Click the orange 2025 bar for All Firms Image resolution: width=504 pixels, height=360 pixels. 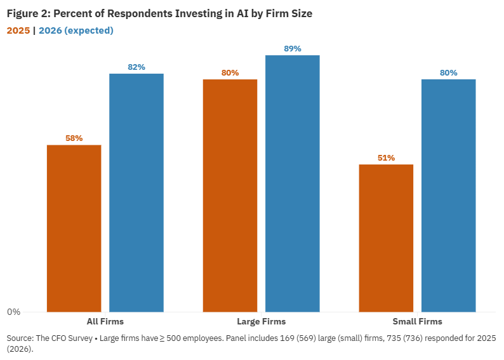[x=74, y=228]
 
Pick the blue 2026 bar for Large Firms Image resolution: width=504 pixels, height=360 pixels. [x=292, y=183]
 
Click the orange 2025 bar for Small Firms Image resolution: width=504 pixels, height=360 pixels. [x=386, y=237]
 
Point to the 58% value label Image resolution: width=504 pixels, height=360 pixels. [x=74, y=138]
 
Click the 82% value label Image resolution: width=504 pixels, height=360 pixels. [x=136, y=67]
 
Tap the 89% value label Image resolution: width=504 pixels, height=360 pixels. [x=292, y=48]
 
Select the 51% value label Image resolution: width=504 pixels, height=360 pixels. [x=386, y=158]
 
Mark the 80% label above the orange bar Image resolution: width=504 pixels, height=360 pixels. [x=230, y=72]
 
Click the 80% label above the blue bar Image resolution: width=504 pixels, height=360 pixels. [x=448, y=72]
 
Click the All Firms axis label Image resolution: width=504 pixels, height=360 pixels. [x=105, y=321]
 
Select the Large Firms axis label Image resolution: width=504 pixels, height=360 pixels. [x=261, y=321]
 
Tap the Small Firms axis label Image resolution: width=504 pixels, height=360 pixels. [x=417, y=321]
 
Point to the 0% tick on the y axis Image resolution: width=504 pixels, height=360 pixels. [x=13, y=312]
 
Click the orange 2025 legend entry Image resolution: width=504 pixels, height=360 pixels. [x=18, y=30]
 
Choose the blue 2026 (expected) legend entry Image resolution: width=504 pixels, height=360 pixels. [x=76, y=30]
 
